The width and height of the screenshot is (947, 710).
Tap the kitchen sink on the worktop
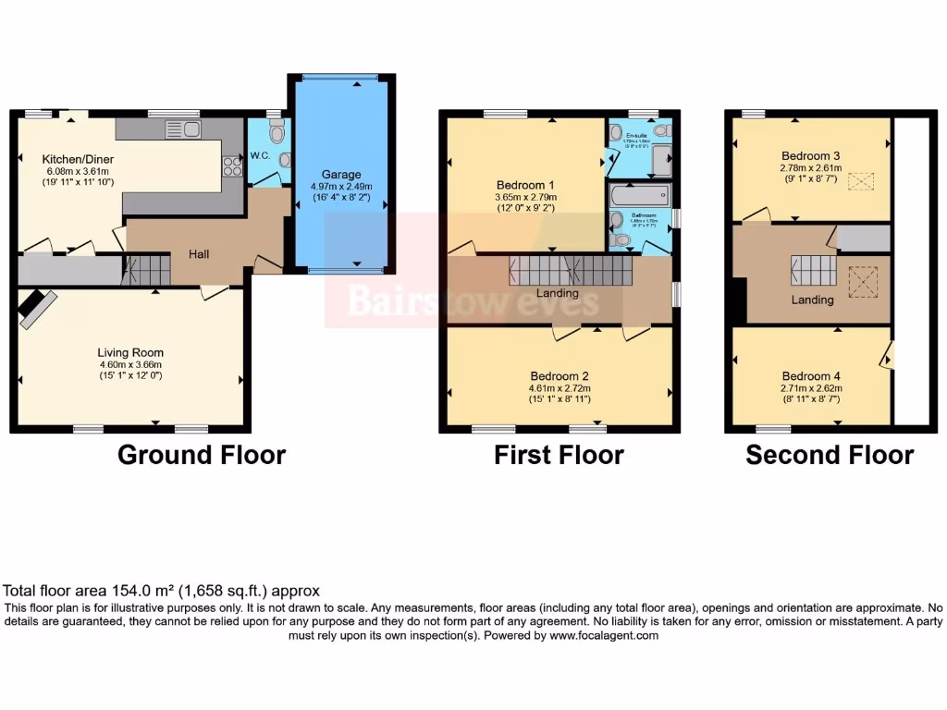pyautogui.click(x=182, y=130)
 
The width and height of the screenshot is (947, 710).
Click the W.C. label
pyautogui.click(x=260, y=156)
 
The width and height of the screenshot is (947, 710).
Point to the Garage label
pyautogui.click(x=341, y=174)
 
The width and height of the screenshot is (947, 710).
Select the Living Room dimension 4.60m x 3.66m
pyautogui.click(x=130, y=364)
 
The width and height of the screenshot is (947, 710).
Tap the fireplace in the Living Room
pyautogui.click(x=38, y=308)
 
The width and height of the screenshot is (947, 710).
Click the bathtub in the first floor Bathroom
pyautogui.click(x=639, y=197)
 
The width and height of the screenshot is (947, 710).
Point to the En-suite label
pyautogui.click(x=637, y=135)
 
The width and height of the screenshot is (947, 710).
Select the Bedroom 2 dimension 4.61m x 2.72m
pyautogui.click(x=559, y=388)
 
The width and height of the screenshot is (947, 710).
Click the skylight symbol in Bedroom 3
pyautogui.click(x=861, y=181)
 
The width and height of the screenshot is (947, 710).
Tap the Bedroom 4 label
pyautogui.click(x=811, y=376)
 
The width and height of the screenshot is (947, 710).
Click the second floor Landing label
pyautogui.click(x=812, y=300)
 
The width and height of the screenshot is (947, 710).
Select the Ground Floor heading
pyautogui.click(x=202, y=455)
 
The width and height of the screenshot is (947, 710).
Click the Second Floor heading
pyautogui.click(x=830, y=455)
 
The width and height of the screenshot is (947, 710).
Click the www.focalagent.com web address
pyautogui.click(x=604, y=635)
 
